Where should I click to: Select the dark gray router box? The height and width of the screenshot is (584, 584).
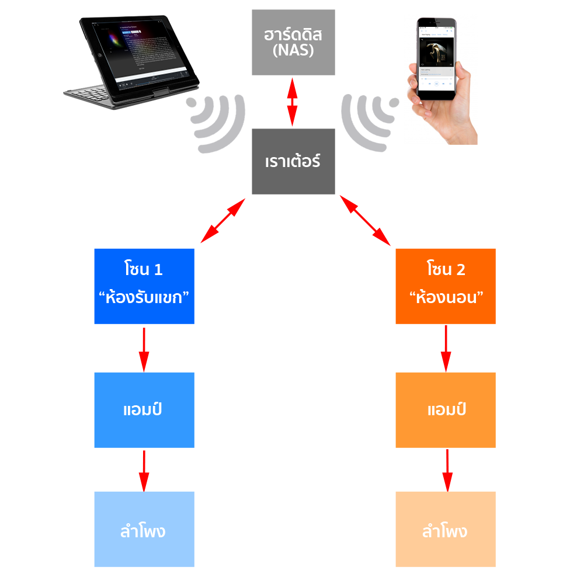click(293, 162)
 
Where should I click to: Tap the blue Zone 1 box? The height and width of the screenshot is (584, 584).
click(144, 286)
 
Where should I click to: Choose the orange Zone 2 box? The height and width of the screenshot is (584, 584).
click(446, 286)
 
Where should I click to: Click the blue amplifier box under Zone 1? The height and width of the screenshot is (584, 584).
click(144, 410)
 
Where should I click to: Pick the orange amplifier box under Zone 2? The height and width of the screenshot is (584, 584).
click(446, 410)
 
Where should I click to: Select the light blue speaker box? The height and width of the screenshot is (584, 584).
click(144, 529)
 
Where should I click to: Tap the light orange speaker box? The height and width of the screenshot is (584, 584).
click(446, 529)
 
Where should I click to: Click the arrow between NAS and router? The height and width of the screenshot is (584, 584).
click(293, 102)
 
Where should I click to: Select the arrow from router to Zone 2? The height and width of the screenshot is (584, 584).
click(365, 220)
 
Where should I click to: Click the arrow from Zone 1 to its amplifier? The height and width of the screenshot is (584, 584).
click(144, 349)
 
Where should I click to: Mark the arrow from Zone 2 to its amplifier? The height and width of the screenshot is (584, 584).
click(446, 349)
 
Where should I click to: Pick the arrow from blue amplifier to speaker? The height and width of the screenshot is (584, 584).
click(144, 470)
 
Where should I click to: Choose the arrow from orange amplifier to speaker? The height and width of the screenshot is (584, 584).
click(447, 470)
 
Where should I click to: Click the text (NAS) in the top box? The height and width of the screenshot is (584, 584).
click(293, 50)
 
